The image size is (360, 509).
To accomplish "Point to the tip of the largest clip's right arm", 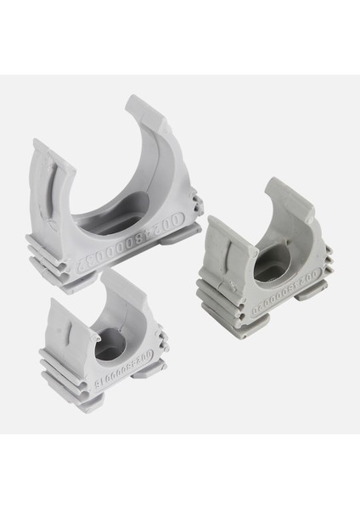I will pyautogui.click(x=138, y=105).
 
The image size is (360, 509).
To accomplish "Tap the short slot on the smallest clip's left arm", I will pyautogui.click(x=61, y=322).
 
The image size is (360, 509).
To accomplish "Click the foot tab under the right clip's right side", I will pyautogui.click(x=311, y=293).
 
